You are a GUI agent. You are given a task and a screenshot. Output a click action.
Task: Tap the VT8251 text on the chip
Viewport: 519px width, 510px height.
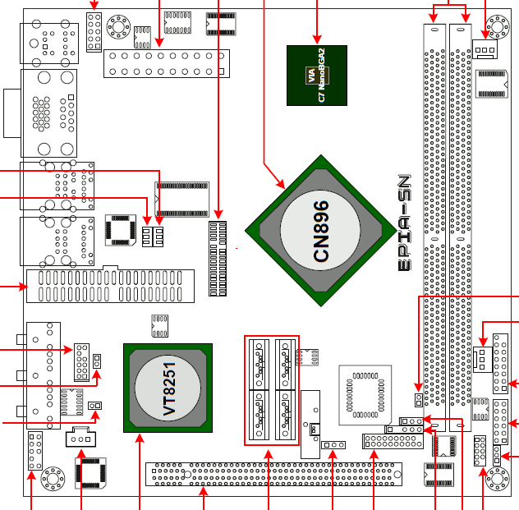(x=169, y=387)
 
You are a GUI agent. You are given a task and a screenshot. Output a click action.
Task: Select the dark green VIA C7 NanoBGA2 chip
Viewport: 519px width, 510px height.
(x=317, y=75)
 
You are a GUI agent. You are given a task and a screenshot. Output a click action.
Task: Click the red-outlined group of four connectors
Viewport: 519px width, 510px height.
(x=272, y=390)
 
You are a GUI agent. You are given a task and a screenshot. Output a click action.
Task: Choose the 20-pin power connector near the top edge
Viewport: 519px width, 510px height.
(x=166, y=62)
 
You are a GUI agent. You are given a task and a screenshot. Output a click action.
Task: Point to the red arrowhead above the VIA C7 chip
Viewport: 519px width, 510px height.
(x=317, y=39)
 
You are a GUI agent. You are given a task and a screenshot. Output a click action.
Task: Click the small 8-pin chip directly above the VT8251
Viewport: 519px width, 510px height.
(x=159, y=325)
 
